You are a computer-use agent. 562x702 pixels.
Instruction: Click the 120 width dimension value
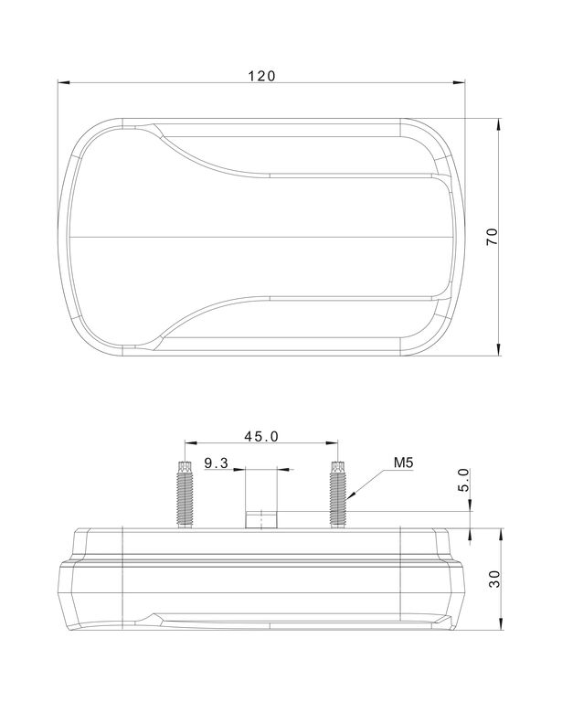click(x=261, y=76)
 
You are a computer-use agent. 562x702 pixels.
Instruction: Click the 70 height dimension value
click(x=492, y=237)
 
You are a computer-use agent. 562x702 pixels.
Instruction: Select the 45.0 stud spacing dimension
click(x=261, y=436)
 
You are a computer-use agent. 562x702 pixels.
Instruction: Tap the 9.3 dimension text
click(x=217, y=463)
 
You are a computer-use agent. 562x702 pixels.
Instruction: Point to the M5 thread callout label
click(x=403, y=463)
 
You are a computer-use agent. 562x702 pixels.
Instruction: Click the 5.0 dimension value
click(x=464, y=480)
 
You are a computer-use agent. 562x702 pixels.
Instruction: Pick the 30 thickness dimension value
click(x=494, y=579)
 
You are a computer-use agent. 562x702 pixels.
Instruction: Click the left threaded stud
click(x=186, y=495)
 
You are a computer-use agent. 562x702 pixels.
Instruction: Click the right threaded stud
click(x=338, y=495)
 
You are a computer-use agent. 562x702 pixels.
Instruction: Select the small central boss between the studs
click(x=261, y=520)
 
